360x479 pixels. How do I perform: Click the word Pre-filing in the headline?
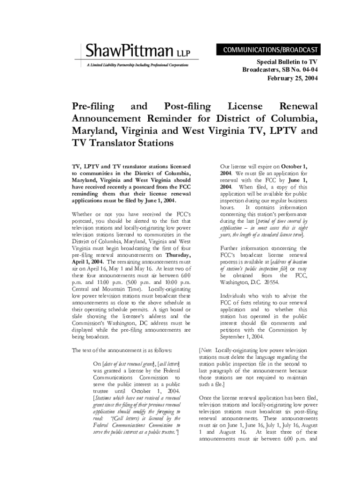(93, 107)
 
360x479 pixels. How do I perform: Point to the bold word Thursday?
(178, 255)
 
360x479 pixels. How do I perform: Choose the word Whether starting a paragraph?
(84, 214)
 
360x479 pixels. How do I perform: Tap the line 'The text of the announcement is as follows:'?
(122, 350)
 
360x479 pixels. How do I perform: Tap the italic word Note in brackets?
(207, 350)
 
